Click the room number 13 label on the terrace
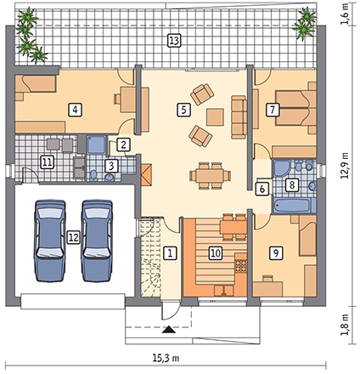point(174,41)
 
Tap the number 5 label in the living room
point(183,110)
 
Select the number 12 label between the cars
point(74,237)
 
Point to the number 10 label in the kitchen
point(216,252)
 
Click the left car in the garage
point(50,241)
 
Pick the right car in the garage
point(97,241)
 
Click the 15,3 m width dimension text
point(166,358)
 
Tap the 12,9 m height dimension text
point(345,166)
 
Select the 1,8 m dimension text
point(345,325)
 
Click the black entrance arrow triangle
point(170,330)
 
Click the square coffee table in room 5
point(215,117)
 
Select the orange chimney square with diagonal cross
point(146,174)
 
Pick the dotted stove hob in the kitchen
point(240,266)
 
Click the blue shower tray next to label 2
point(97,144)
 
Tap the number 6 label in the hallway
point(262,189)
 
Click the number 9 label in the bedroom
point(276,252)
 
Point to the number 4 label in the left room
point(75,110)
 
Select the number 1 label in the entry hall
point(170,252)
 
